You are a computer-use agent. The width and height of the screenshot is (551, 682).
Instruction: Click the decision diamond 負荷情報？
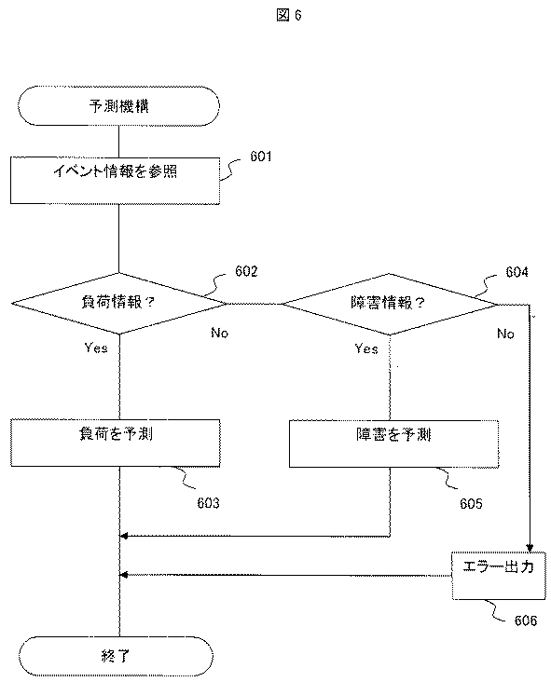[x=118, y=303]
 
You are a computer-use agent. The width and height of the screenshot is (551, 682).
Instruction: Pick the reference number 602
[x=246, y=272]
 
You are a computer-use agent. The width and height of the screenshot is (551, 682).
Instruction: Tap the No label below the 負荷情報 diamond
[x=220, y=332]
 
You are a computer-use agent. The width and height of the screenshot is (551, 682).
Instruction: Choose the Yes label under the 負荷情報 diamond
[x=96, y=348]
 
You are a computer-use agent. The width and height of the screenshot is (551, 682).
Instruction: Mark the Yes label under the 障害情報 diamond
[x=366, y=348]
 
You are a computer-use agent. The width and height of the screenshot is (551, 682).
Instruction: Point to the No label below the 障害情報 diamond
[x=504, y=333]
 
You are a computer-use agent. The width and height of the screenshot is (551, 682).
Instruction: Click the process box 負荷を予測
[x=117, y=443]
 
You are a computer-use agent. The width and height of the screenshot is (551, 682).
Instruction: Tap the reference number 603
[x=208, y=503]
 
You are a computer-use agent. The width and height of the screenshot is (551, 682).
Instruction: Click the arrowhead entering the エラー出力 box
[x=530, y=548]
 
